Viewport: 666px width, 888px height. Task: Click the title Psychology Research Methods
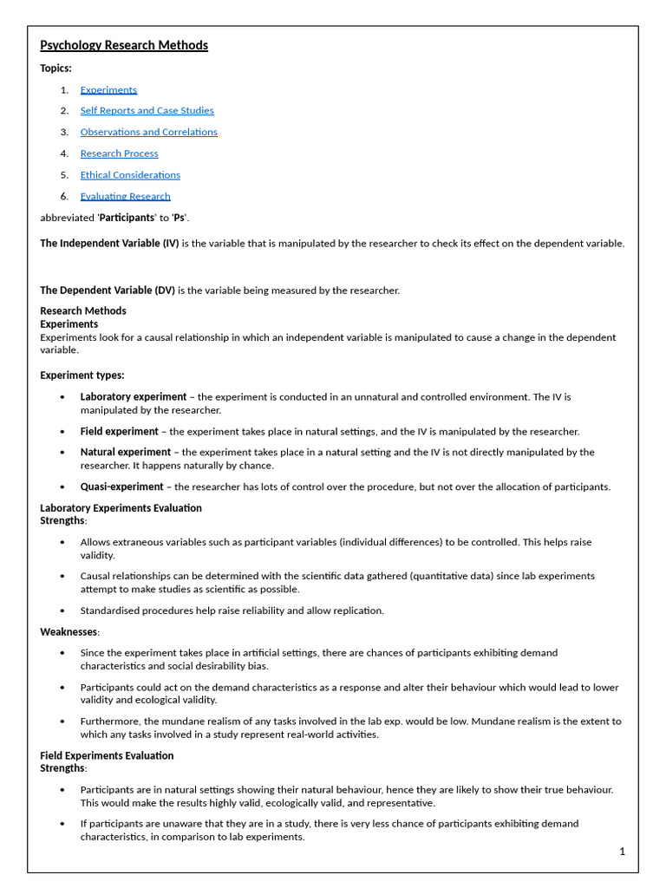(x=124, y=45)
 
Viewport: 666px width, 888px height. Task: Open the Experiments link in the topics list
(x=108, y=89)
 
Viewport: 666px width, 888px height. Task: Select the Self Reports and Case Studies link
(x=147, y=110)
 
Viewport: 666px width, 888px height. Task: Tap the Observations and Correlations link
(x=148, y=132)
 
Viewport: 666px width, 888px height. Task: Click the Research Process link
(x=119, y=153)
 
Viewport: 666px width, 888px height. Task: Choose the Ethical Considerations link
(x=130, y=174)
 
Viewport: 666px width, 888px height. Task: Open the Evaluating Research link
(x=125, y=196)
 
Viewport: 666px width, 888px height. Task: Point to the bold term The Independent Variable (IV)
(x=109, y=243)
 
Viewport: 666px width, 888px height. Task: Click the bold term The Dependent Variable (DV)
(x=108, y=290)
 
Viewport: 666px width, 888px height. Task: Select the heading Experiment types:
(x=82, y=375)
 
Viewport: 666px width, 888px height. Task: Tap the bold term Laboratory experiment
(x=133, y=396)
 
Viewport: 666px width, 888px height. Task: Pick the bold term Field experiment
(x=119, y=431)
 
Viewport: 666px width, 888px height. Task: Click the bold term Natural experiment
(x=125, y=452)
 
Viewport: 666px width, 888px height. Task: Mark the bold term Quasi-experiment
(x=121, y=486)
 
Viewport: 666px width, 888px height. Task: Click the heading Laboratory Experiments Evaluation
(x=121, y=507)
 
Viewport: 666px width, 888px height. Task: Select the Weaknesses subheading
(x=69, y=631)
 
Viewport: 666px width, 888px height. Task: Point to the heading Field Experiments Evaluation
(x=107, y=755)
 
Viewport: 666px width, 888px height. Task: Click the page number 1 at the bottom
(x=622, y=852)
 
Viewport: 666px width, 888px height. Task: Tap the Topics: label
(x=55, y=68)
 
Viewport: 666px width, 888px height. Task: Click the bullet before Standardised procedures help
(x=62, y=610)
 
